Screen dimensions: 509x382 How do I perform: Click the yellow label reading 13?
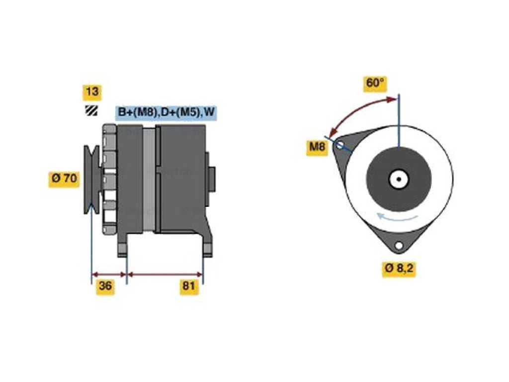92,92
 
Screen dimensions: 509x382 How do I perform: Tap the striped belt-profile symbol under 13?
91,110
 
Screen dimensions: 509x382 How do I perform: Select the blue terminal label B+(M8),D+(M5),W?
166,112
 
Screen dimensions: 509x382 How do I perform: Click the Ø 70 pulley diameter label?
64,179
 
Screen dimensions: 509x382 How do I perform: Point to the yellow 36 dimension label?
105,286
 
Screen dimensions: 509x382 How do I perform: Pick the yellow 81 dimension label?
189,286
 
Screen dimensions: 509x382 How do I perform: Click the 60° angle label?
375,83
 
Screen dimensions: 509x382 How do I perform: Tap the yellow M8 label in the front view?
318,147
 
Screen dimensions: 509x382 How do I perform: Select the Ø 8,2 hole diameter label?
399,268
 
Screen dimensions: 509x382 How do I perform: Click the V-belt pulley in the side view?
92,179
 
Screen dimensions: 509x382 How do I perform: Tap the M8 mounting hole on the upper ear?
340,145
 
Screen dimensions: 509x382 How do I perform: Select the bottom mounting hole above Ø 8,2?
399,246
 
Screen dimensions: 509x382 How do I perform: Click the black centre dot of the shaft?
399,179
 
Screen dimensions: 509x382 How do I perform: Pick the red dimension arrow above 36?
109,275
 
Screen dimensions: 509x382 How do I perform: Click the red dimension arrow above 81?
165,275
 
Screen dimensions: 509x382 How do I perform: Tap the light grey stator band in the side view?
149,180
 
